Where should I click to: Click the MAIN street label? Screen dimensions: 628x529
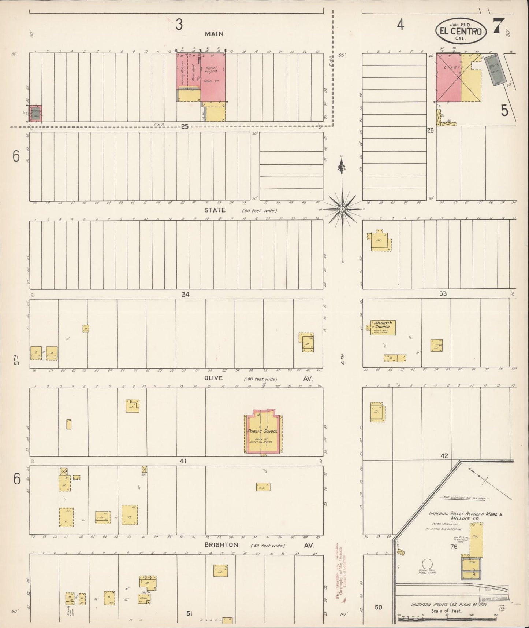point(214,34)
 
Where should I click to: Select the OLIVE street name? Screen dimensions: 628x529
point(213,378)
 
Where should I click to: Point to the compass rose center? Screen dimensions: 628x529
point(342,209)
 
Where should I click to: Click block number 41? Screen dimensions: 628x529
point(183,461)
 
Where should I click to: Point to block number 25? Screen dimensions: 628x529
point(185,126)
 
